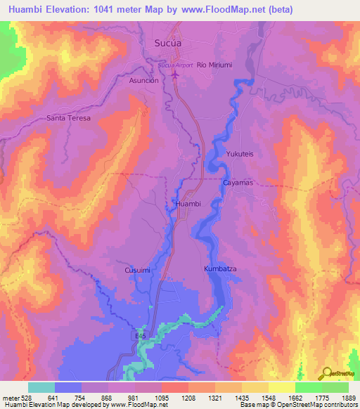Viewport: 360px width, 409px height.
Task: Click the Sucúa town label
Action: coord(169,43)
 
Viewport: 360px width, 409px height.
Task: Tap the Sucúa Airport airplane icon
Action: coord(175,73)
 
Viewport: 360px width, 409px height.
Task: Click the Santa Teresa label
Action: coord(69,118)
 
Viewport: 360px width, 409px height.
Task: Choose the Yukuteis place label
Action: coord(240,153)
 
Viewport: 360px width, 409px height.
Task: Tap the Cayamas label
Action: coord(238,182)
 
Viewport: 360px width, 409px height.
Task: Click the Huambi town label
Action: coord(188,204)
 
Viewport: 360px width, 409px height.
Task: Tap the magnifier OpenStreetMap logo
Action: coord(328,372)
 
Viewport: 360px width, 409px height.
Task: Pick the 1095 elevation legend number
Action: coord(161,398)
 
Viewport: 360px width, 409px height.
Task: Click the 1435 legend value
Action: coord(240,398)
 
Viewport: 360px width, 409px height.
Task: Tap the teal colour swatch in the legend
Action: coord(41,387)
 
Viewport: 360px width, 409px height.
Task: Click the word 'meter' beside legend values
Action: coord(11,398)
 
